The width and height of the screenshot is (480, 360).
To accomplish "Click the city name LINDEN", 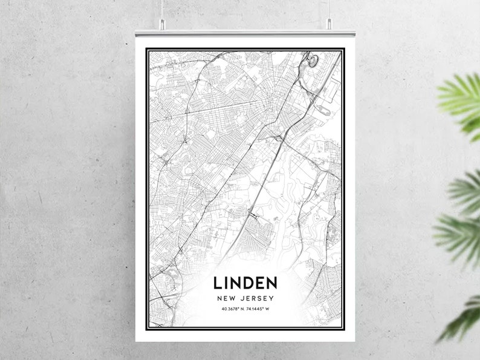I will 245,283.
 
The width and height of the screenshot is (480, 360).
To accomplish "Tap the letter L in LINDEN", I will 218,283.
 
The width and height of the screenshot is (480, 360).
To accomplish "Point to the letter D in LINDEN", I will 246,283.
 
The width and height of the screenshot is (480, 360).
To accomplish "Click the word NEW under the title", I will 226,298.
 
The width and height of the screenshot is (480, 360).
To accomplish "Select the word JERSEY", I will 257,298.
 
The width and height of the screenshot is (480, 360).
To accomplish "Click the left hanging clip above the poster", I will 162,24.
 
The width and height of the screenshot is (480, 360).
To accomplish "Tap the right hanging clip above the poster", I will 329,24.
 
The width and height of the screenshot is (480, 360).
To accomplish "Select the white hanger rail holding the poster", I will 245,33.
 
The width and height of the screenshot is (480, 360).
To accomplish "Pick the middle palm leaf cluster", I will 459,218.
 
